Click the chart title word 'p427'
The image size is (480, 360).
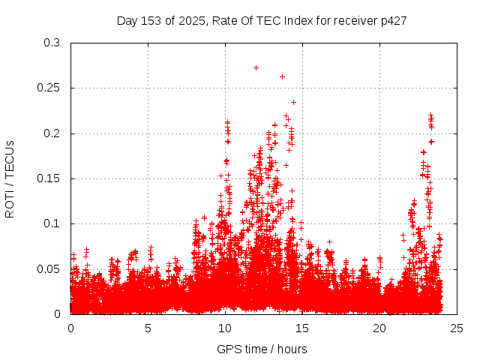[x=393, y=21]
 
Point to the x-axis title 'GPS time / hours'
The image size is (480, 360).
[x=262, y=349]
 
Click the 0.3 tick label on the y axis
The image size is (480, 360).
[x=52, y=43]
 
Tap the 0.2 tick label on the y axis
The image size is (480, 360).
[x=52, y=133]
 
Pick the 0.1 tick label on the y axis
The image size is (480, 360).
[x=52, y=223]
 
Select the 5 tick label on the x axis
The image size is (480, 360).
[x=148, y=328]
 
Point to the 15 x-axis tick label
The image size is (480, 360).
[x=303, y=328]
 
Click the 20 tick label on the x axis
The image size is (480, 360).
[x=380, y=328]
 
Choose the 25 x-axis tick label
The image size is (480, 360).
[x=457, y=328]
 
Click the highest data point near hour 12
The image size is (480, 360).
[x=256, y=67]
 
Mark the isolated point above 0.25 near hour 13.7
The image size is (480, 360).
[x=282, y=76]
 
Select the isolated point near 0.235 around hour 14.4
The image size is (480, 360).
[x=293, y=102]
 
